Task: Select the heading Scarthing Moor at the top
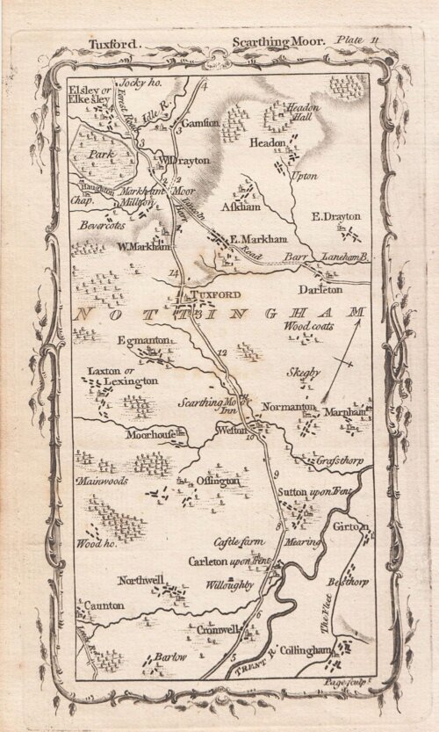(x=277, y=41)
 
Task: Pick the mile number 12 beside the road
(x=221, y=353)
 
